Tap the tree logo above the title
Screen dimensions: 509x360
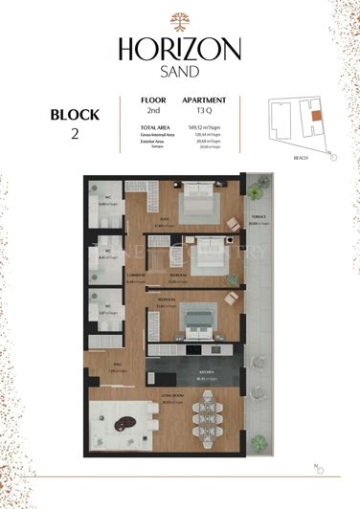pyautogui.click(x=180, y=21)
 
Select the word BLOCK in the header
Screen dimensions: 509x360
pyautogui.click(x=75, y=115)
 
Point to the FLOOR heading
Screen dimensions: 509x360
pyautogui.click(x=153, y=100)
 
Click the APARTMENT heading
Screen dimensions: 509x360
pyautogui.click(x=204, y=100)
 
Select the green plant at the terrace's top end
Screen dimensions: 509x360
pyautogui.click(x=255, y=191)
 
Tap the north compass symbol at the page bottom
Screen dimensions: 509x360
pyautogui.click(x=319, y=468)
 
